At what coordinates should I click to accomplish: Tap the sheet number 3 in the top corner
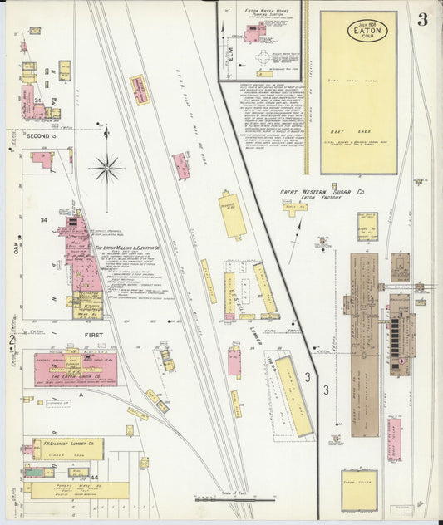(x=422, y=20)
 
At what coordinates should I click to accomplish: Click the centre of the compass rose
(x=106, y=169)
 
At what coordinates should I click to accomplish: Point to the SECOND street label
(x=40, y=137)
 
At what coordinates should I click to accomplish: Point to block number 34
(x=43, y=220)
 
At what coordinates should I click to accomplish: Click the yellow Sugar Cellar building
(x=359, y=490)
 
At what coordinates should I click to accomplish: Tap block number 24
(x=38, y=101)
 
